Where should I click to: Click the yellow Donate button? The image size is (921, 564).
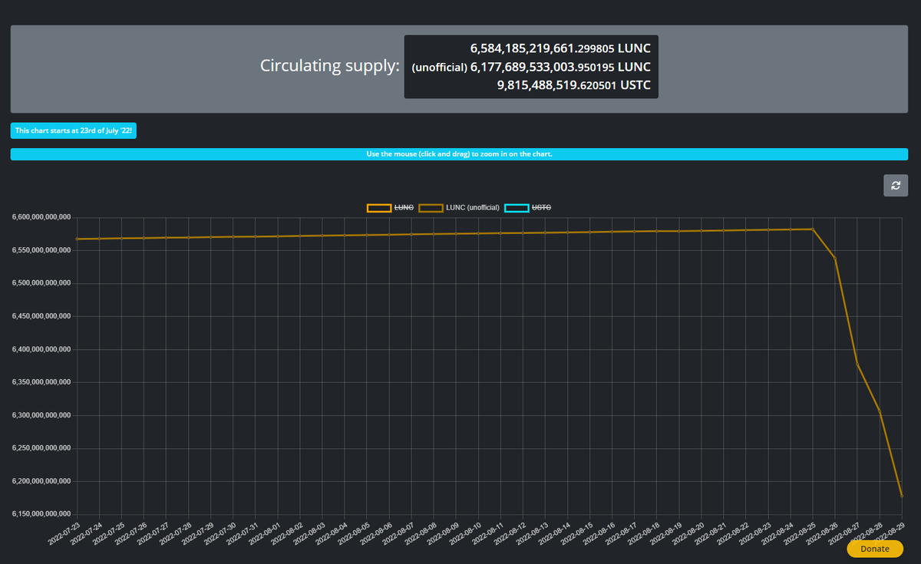point(875,549)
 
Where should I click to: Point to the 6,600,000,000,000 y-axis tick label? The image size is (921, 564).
point(41,217)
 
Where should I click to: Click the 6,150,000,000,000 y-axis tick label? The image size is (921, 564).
point(41,514)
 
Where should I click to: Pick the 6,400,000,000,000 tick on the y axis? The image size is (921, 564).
point(41,349)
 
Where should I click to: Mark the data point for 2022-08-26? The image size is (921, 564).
point(835,259)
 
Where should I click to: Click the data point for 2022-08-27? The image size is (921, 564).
point(857,364)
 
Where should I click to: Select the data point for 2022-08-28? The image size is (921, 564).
point(880,413)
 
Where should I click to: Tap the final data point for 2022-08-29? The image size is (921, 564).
point(902,496)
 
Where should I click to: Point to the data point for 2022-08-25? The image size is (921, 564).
point(813,229)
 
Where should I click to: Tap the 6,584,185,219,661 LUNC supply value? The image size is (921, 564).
point(560,48)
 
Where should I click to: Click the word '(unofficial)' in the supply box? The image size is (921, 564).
point(439,68)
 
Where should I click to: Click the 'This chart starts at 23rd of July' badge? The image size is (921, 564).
point(74,131)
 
